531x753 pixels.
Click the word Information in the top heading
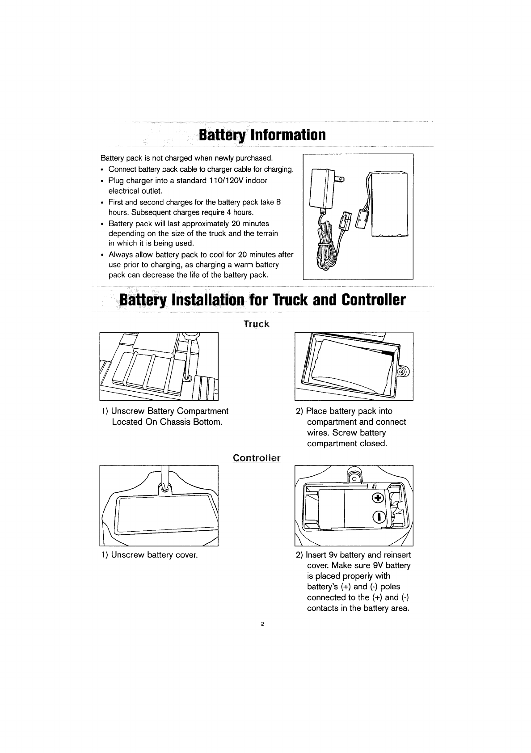click(x=288, y=135)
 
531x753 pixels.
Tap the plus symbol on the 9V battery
click(x=378, y=498)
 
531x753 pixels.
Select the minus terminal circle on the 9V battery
click(x=379, y=517)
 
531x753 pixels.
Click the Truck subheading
click(x=257, y=324)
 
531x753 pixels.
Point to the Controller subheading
click(x=257, y=458)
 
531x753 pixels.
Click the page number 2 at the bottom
click(x=262, y=624)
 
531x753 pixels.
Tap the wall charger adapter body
click(x=322, y=189)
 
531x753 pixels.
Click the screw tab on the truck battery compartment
click(x=403, y=372)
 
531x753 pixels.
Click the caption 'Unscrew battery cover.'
click(x=154, y=554)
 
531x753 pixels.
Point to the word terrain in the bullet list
click(x=266, y=233)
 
